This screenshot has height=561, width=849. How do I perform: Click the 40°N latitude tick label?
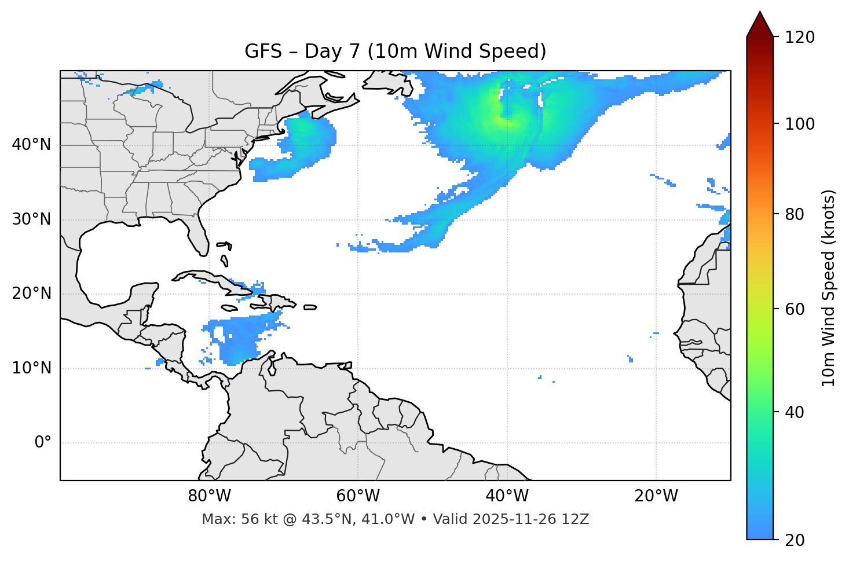coord(31,145)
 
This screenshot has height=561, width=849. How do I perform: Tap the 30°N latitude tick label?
coord(31,219)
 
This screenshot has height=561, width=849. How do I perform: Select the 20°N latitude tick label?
coord(31,294)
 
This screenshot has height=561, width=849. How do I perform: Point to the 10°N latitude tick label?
coord(31,368)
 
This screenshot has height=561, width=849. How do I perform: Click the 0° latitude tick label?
coord(43,443)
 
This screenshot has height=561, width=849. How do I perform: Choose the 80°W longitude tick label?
coord(209,496)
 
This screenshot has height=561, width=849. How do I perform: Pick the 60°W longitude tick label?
coord(358,496)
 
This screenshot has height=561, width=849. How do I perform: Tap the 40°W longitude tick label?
coord(507,496)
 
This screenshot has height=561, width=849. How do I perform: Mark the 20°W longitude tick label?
coord(656,496)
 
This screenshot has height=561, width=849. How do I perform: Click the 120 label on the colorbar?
coord(800,38)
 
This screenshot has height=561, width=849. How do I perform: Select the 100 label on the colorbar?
coord(800,124)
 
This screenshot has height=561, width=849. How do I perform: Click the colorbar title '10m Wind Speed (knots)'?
coord(829,288)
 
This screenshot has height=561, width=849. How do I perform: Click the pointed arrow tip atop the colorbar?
coord(760,16)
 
